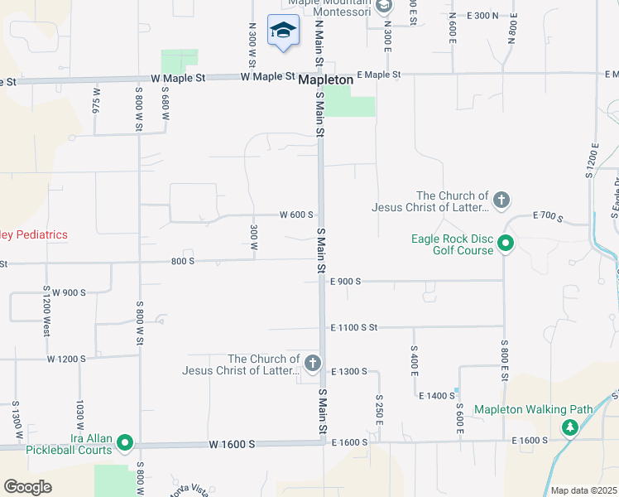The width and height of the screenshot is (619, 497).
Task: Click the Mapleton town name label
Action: tap(325, 80)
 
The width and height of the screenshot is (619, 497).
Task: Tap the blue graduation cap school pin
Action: tap(283, 31)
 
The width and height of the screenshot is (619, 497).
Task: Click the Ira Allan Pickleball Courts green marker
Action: tap(126, 443)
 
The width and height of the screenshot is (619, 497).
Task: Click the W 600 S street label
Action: tap(297, 215)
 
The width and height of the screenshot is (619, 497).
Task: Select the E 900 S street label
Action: tap(346, 282)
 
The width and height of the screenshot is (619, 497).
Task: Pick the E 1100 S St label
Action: tap(353, 328)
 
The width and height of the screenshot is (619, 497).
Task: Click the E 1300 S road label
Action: tap(348, 371)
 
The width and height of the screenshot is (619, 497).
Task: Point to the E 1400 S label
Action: tap(437, 397)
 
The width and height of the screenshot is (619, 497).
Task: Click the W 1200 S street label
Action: tap(67, 359)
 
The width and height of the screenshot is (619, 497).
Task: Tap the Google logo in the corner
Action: tap(27, 486)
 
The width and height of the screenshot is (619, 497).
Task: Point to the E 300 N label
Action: tap(482, 16)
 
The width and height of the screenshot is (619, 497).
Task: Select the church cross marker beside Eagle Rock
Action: tap(501, 200)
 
